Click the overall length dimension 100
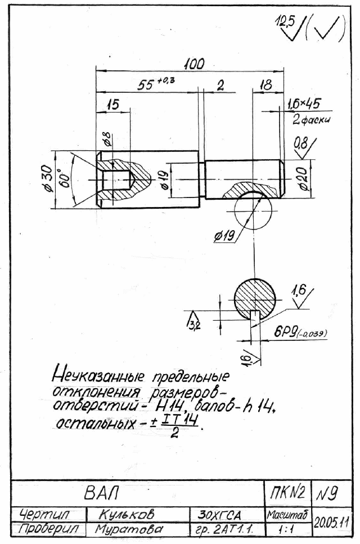tap(195, 64)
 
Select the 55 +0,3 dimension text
tap(156, 84)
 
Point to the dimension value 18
tap(266, 85)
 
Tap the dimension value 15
tap(113, 105)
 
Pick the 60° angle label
tap(65, 178)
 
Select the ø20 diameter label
tap(303, 179)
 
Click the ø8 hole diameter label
tap(107, 138)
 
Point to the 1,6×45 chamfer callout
tap(304, 104)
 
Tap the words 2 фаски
tap(311, 120)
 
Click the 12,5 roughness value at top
tap(285, 22)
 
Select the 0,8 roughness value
tap(301, 143)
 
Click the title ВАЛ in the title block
tap(101, 493)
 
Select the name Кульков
tap(126, 515)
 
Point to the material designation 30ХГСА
tap(219, 515)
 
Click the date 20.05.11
tap(331, 521)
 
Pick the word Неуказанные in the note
tap(98, 375)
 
